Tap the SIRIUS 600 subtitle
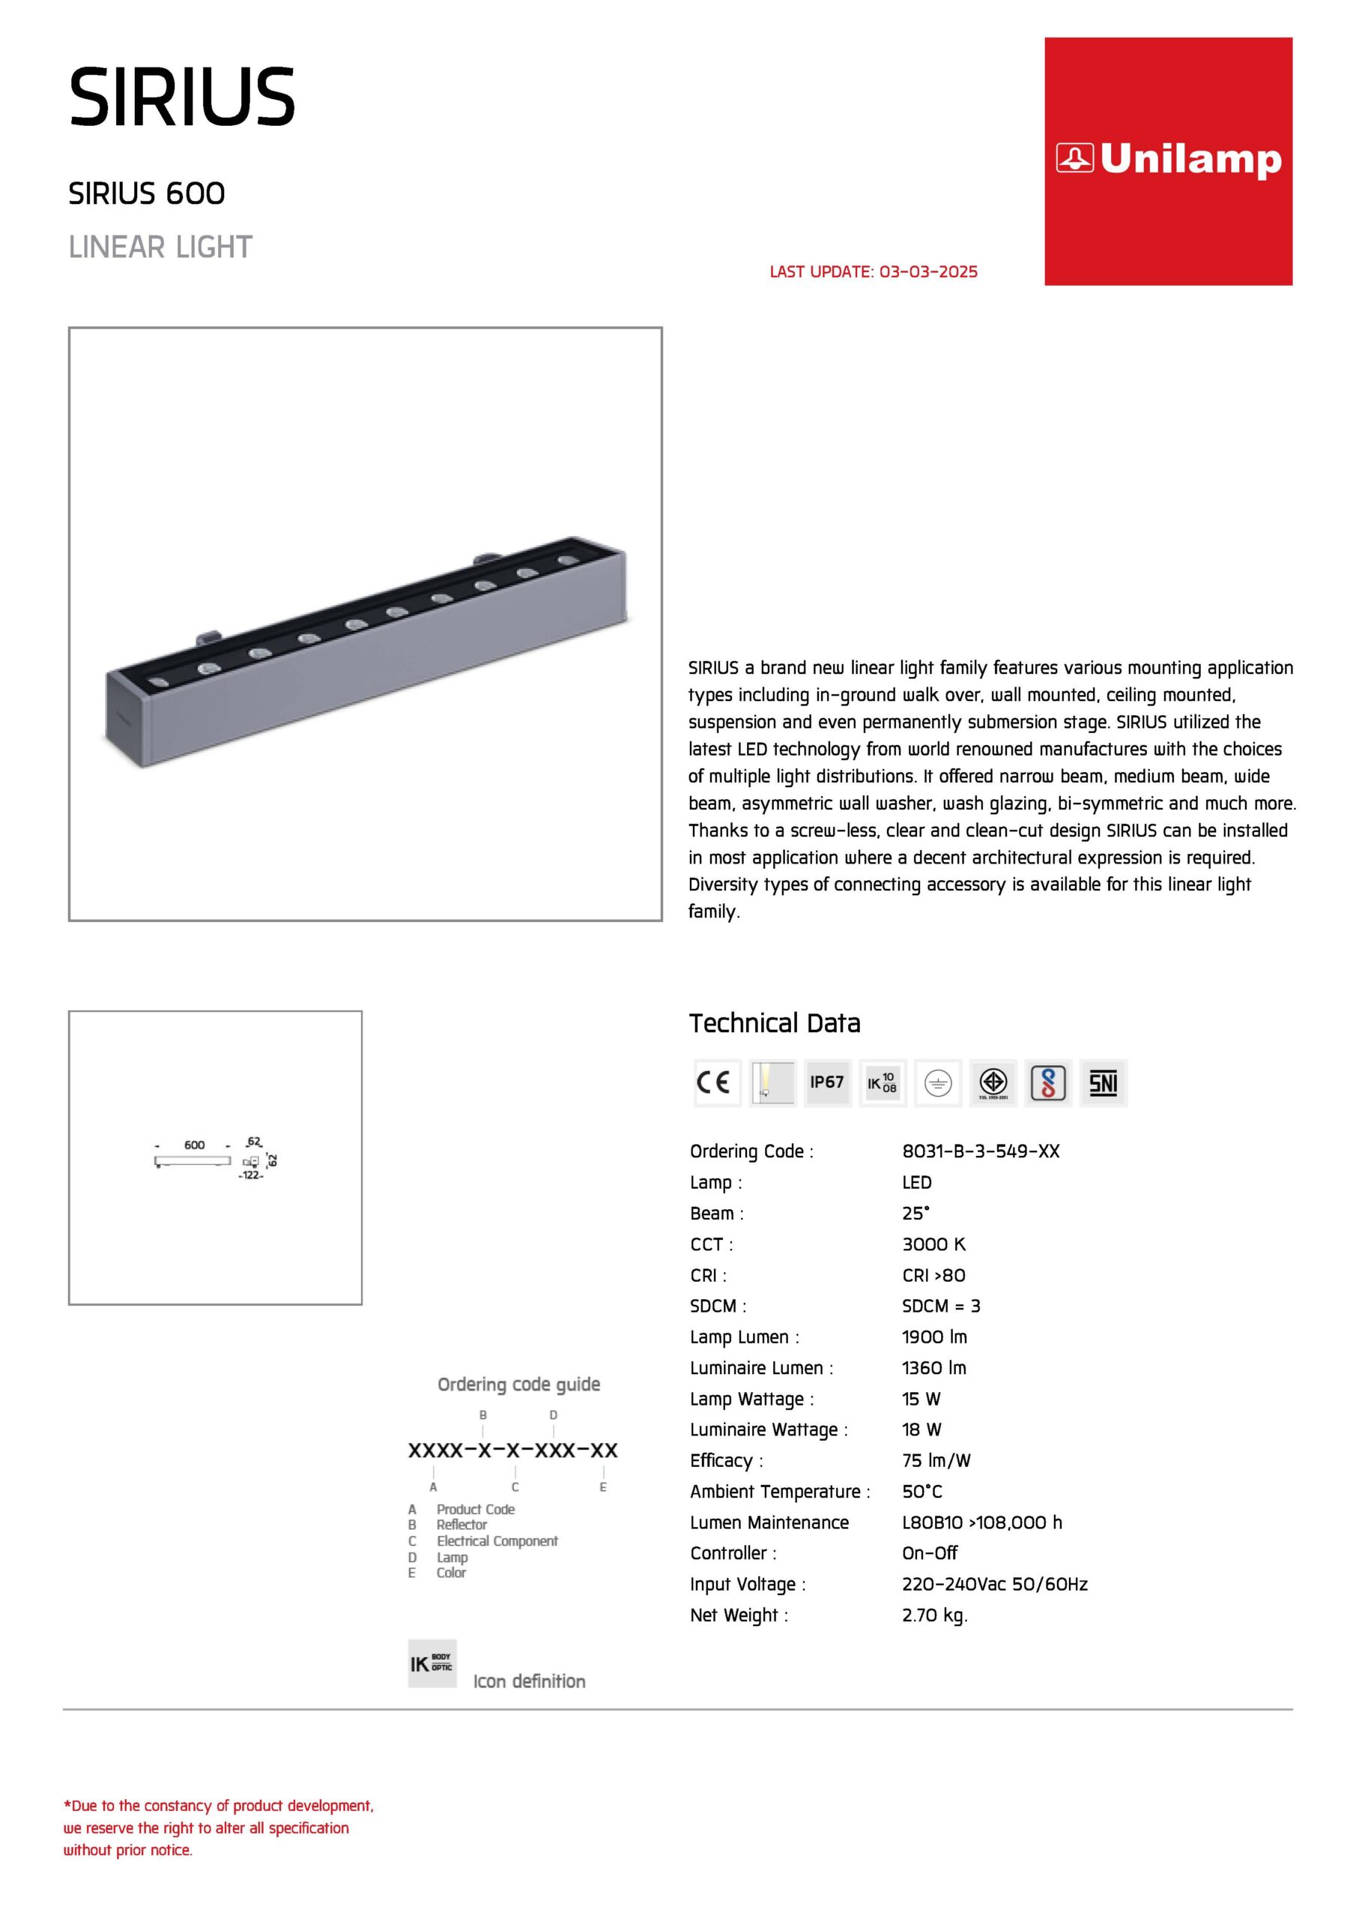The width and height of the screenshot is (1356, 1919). tap(147, 194)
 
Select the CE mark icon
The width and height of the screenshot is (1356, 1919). tap(717, 1082)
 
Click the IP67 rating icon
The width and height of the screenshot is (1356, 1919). tap(827, 1082)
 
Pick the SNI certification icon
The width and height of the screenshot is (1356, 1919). tap(1103, 1083)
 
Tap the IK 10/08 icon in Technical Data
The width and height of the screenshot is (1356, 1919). tap(883, 1083)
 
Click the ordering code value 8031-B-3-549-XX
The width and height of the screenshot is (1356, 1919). tap(980, 1151)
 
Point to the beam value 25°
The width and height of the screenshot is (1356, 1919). tap(915, 1213)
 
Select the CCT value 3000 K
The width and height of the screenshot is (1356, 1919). tap(933, 1244)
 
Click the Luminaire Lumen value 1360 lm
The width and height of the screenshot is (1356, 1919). tap(934, 1367)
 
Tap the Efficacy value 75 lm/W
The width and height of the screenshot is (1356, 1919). tap(936, 1460)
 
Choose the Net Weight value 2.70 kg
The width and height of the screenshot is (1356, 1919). tap(934, 1615)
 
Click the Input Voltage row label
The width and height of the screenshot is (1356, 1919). tap(748, 1584)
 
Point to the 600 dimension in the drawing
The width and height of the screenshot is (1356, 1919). tap(195, 1145)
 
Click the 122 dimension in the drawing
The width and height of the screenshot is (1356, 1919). tap(251, 1175)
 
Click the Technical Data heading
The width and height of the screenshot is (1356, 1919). tap(775, 1023)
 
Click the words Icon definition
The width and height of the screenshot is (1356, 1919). tap(529, 1681)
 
